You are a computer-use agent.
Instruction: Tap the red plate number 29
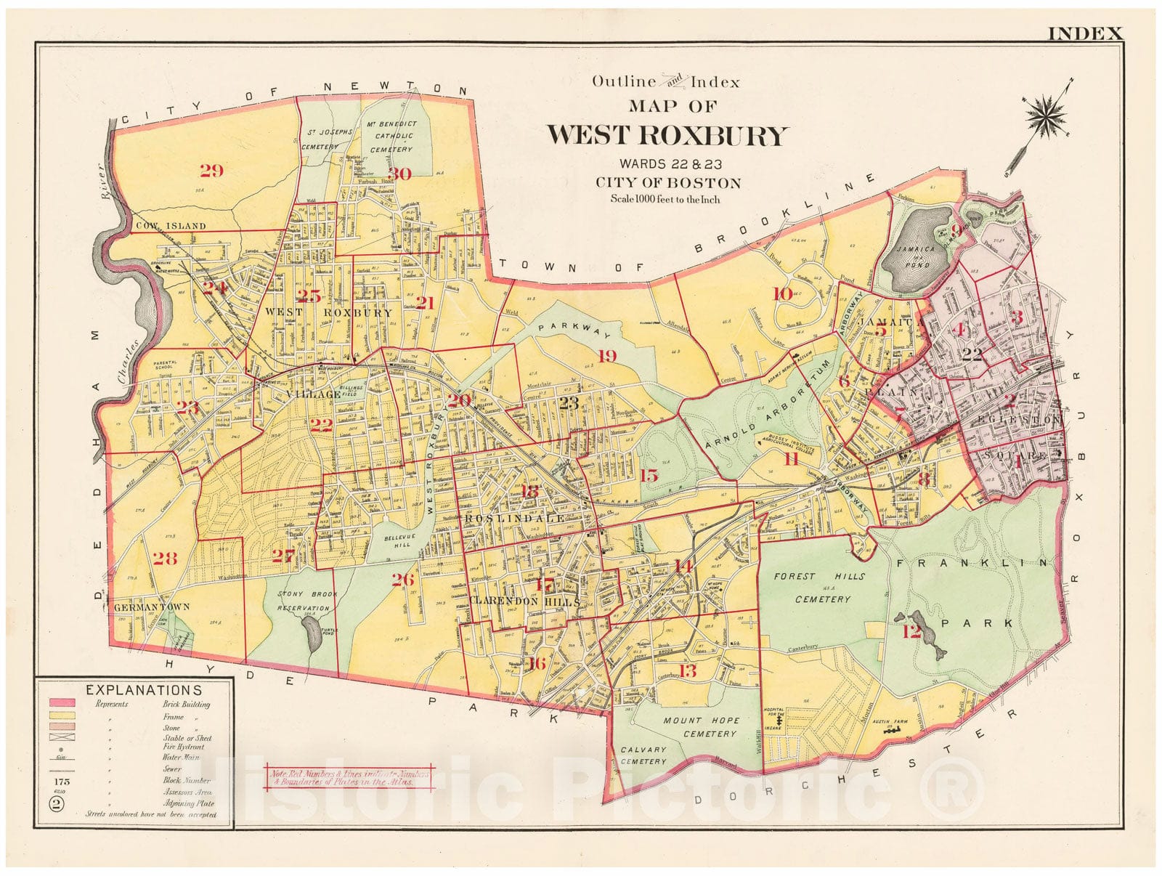pos(211,171)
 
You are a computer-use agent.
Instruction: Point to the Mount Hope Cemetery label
pos(701,727)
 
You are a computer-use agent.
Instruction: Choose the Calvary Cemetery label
pos(643,755)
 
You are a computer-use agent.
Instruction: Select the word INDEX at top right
pos(1085,33)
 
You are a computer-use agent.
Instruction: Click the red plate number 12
pos(911,632)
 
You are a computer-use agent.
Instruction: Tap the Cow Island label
pos(169,226)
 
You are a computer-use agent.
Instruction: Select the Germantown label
pos(151,607)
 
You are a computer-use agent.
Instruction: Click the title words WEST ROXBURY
pos(666,136)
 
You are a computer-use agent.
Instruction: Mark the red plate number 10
pos(781,294)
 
